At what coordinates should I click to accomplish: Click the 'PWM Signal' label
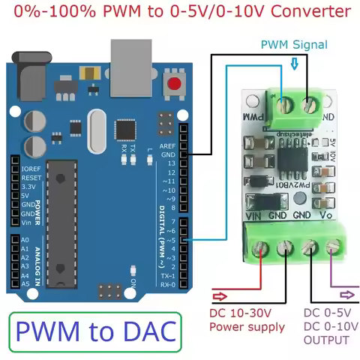294,44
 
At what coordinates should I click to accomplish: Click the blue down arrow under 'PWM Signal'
293,64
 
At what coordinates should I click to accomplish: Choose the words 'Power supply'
247,327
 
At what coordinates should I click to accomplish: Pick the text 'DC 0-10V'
326,326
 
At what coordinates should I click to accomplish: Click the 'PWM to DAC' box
95,331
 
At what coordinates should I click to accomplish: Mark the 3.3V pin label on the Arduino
31,187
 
